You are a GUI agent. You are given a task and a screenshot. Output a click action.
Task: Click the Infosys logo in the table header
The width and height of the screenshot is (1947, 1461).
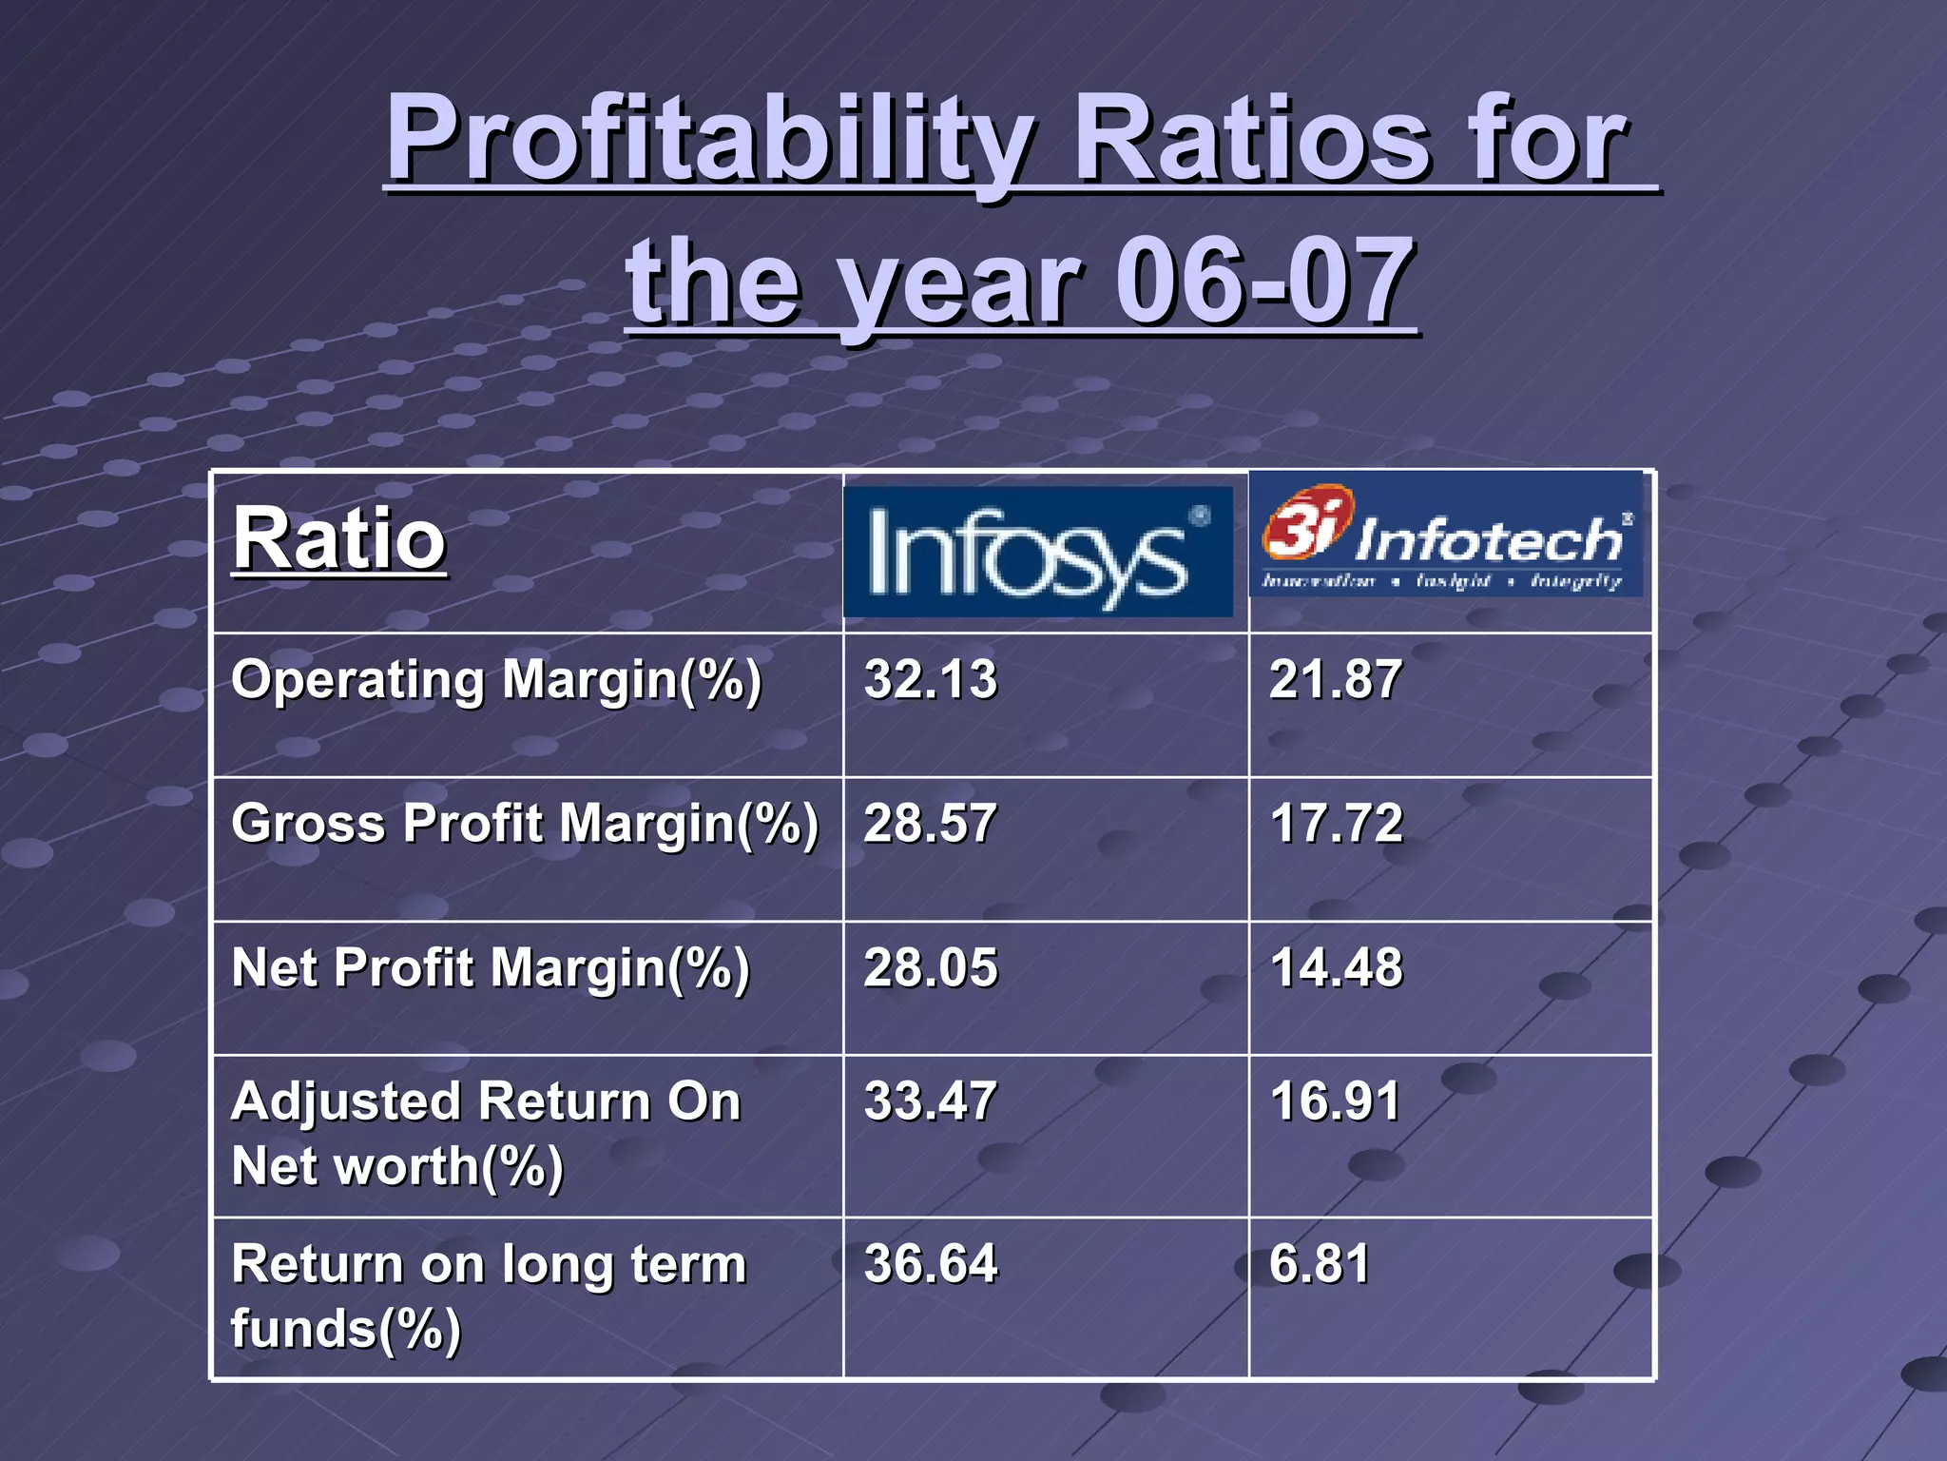pyautogui.click(x=1038, y=552)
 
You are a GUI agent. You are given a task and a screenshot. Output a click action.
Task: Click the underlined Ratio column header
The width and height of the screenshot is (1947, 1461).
pyautogui.click(x=338, y=539)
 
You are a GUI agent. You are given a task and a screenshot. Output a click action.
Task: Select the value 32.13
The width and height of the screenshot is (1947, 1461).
pyautogui.click(x=930, y=680)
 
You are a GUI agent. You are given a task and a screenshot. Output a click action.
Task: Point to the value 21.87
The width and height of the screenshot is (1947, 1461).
pyautogui.click(x=1335, y=680)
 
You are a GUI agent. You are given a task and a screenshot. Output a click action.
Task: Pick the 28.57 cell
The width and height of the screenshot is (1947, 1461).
pyautogui.click(x=930, y=824)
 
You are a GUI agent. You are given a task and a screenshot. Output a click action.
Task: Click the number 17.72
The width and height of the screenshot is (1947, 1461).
pyautogui.click(x=1336, y=824)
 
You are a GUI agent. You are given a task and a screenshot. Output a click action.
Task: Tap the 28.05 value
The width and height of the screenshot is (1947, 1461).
pyautogui.click(x=930, y=968)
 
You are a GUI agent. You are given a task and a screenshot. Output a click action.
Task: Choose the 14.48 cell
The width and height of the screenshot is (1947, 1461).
pyautogui.click(x=1336, y=968)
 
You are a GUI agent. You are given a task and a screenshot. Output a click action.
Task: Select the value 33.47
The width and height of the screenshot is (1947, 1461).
pyautogui.click(x=930, y=1101)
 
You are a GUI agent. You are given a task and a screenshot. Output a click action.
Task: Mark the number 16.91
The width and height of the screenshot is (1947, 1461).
pyautogui.click(x=1335, y=1101)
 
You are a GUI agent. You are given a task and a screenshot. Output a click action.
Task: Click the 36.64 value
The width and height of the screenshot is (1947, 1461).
pyautogui.click(x=930, y=1265)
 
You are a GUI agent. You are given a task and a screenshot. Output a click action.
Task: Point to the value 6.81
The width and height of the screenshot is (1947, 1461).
pyautogui.click(x=1319, y=1265)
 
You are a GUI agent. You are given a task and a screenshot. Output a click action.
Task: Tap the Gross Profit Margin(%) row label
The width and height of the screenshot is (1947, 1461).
pyautogui.click(x=524, y=825)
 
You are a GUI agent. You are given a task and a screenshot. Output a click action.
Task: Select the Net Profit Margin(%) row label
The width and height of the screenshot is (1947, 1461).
pyautogui.click(x=491, y=969)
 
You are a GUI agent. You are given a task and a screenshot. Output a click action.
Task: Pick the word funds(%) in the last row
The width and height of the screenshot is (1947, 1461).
pyautogui.click(x=346, y=1330)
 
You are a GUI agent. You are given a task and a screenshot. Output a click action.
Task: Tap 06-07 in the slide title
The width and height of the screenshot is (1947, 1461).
pyautogui.click(x=1264, y=282)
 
